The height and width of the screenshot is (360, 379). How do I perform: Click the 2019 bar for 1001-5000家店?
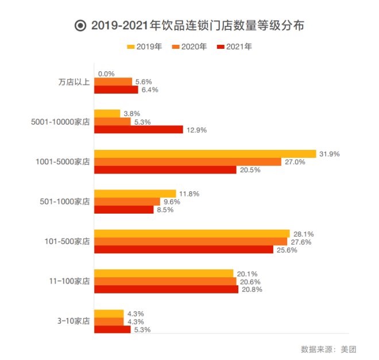pyautogui.click(x=205, y=154)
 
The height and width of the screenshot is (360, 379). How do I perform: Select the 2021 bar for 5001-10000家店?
pyautogui.click(x=138, y=130)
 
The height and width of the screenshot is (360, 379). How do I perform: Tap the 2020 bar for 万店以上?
pyautogui.click(x=113, y=82)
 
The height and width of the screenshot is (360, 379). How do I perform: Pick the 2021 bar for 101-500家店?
pyautogui.click(x=184, y=250)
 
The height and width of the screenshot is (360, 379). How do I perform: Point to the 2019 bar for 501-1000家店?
pyautogui.click(x=135, y=194)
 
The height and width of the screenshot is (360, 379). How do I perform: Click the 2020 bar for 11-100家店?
pyautogui.click(x=165, y=281)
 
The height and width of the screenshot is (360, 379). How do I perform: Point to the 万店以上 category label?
pyautogui.click(x=74, y=82)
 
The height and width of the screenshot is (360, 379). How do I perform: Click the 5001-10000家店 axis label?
pyautogui.click(x=61, y=122)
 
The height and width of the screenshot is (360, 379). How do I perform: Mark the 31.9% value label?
pyautogui.click(x=330, y=154)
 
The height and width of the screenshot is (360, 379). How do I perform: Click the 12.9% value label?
pyautogui.click(x=196, y=130)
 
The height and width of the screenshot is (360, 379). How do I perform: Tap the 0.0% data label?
pyautogui.click(x=107, y=73)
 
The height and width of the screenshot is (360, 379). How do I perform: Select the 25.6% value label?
pyautogui.click(x=287, y=250)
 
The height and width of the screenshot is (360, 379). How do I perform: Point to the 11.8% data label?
pyautogui.click(x=189, y=194)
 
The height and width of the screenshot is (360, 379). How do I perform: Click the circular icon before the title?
pyautogui.click(x=80, y=26)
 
